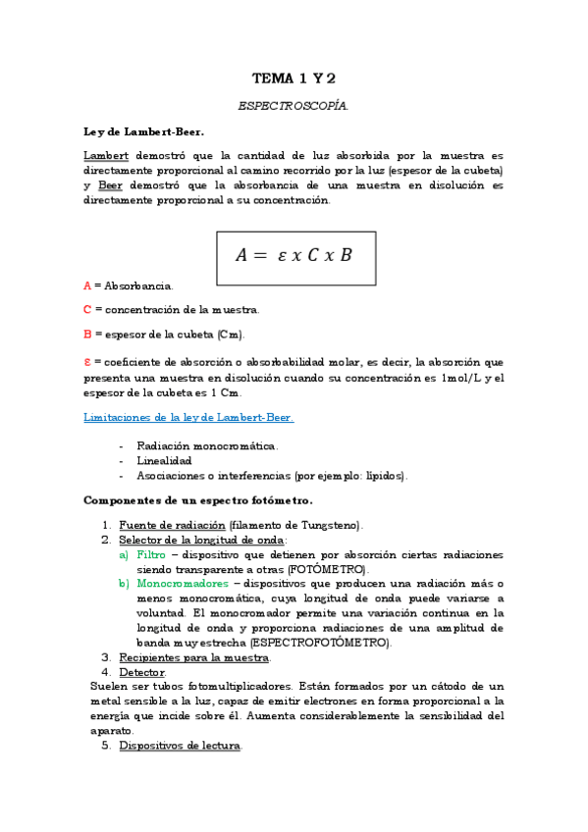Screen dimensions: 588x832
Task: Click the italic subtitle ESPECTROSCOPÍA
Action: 294,105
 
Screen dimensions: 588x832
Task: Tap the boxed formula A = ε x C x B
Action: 294,255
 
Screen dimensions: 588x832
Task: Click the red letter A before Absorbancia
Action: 87,286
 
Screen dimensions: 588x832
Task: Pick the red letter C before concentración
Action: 87,310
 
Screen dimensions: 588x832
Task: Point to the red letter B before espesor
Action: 87,335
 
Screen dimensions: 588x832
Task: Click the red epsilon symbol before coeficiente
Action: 87,361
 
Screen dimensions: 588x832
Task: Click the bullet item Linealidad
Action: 164,460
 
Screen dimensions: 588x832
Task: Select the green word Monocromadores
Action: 183,584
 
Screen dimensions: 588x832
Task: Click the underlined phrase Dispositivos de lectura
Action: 180,746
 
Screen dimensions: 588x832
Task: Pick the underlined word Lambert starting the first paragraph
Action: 106,156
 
